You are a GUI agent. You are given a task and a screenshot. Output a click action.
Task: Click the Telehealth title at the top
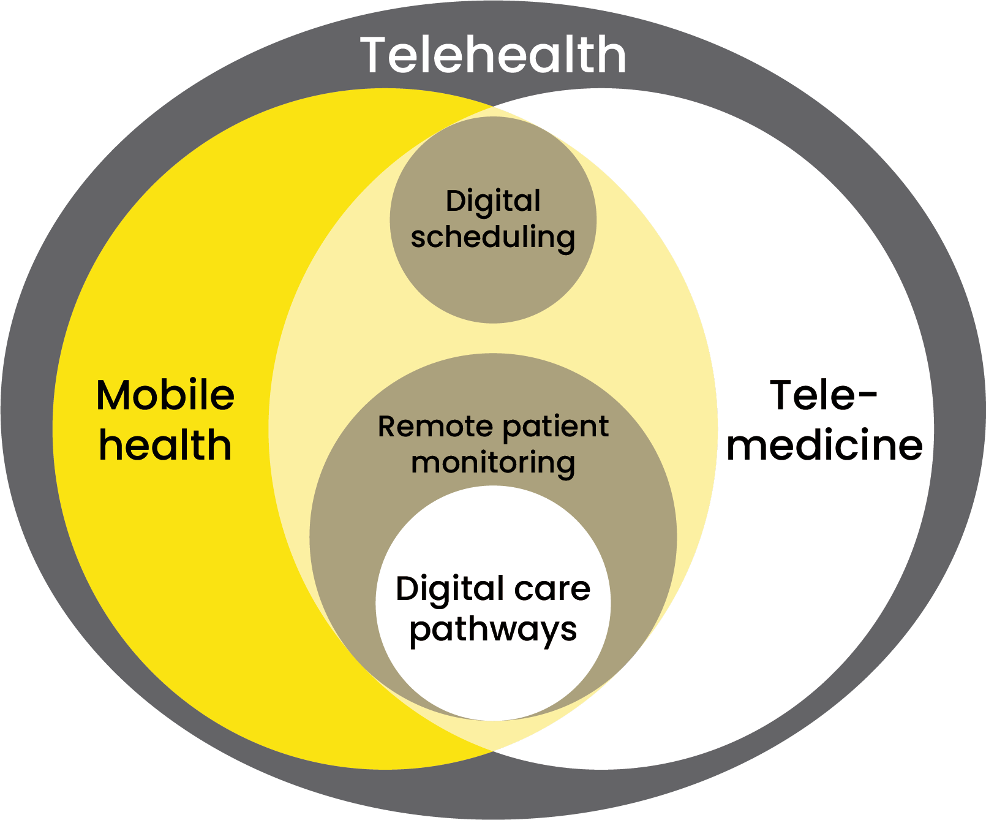pyautogui.click(x=493, y=55)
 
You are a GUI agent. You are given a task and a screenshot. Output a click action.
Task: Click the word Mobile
pyautogui.click(x=165, y=395)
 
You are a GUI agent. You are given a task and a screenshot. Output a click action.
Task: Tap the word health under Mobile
pyautogui.click(x=165, y=445)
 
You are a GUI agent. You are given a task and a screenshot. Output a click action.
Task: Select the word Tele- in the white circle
pyautogui.click(x=823, y=395)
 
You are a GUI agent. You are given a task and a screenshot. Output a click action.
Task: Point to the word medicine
pyautogui.click(x=824, y=445)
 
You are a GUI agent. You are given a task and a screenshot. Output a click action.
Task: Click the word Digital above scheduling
pyautogui.click(x=493, y=202)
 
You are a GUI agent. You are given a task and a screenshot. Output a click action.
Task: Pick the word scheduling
pyautogui.click(x=493, y=237)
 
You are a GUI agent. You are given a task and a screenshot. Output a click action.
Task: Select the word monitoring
pyautogui.click(x=493, y=463)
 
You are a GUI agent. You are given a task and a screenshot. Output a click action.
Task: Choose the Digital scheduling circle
pyautogui.click(x=493, y=282)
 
